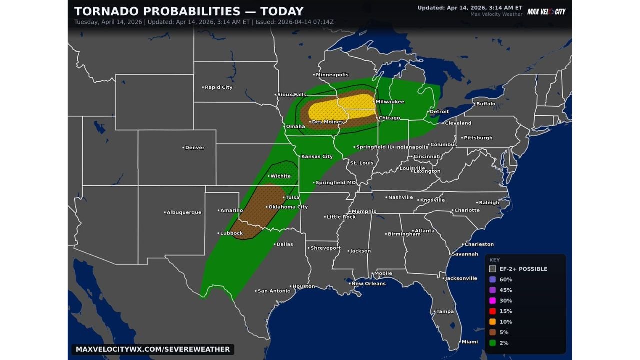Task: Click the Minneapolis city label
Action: click(332, 75)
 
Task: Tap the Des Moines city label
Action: click(327, 122)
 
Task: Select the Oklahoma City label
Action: click(288, 207)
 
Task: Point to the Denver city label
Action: click(195, 148)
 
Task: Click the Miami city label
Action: click(469, 342)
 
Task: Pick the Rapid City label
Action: click(218, 87)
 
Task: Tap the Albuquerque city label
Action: click(184, 212)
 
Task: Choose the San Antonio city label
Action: click(274, 291)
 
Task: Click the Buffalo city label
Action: click(485, 104)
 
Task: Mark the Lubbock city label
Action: click(231, 233)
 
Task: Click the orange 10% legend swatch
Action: click(492, 322)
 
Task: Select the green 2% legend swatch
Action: click(492, 343)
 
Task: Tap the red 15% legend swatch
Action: click(492, 311)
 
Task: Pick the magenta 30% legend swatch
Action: click(492, 301)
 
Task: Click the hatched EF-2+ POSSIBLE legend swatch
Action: click(492, 269)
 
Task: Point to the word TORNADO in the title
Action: click(105, 11)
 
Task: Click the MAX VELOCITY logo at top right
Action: click(546, 11)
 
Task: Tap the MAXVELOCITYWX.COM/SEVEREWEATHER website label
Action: click(153, 349)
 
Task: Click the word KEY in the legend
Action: click(494, 260)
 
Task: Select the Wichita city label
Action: click(280, 176)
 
